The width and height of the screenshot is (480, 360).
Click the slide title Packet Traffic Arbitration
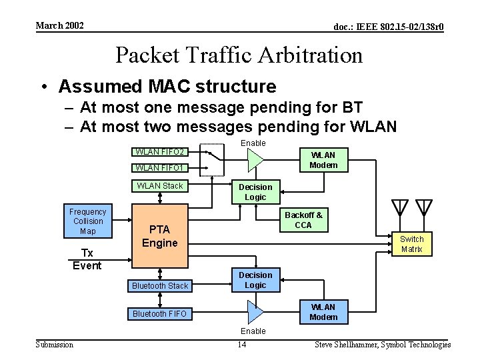[239, 55]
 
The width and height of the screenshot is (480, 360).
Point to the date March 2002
[59, 25]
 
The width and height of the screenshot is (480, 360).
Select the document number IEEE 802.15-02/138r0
[389, 27]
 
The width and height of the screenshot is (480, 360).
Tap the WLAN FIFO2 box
[160, 151]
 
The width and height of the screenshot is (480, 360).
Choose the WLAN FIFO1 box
[160, 167]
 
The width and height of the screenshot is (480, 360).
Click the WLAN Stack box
[160, 186]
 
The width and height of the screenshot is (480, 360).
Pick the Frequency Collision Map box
[88, 221]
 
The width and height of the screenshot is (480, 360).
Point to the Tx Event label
[87, 259]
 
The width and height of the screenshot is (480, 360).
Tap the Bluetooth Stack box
[160, 286]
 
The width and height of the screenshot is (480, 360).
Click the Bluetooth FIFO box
[160, 313]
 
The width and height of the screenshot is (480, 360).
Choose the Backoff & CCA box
[303, 220]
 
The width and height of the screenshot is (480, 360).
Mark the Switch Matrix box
[411, 244]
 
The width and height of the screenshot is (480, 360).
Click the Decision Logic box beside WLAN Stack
[255, 192]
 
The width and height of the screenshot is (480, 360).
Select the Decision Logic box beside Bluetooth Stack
[255, 280]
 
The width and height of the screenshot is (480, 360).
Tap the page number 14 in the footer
[243, 344]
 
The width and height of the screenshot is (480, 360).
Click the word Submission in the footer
[55, 344]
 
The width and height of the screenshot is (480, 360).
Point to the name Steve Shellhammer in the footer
[345, 345]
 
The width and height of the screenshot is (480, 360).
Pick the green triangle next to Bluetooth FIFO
[255, 311]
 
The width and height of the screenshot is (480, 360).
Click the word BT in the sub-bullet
[353, 107]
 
